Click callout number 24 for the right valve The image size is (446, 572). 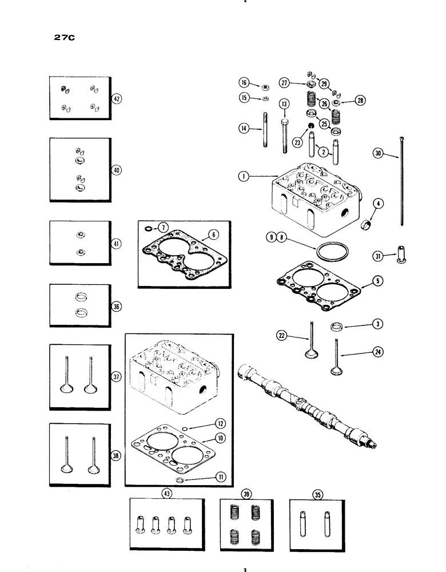[x=377, y=353]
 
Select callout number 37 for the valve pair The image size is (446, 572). [x=116, y=376]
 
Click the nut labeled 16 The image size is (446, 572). [x=266, y=88]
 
